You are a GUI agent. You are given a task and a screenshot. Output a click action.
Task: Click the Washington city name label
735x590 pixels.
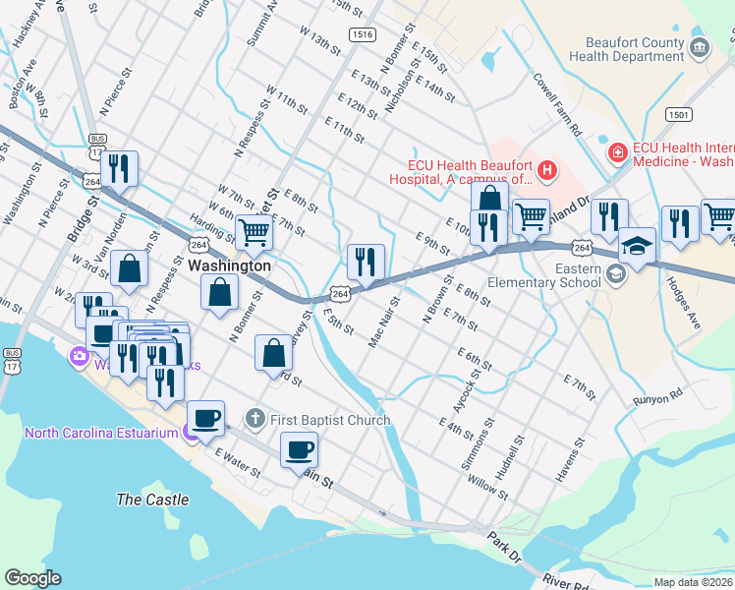(229, 265)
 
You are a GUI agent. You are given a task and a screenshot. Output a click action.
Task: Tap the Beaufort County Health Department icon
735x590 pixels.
(700, 48)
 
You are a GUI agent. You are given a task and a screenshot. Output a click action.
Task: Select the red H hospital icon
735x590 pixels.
(547, 172)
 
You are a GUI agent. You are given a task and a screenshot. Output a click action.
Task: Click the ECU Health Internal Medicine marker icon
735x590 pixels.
(617, 152)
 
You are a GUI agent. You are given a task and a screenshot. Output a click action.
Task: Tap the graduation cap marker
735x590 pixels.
(637, 246)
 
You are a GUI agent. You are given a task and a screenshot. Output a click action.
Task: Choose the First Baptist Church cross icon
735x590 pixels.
(254, 420)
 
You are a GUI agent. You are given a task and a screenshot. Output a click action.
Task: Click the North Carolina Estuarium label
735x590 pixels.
(100, 433)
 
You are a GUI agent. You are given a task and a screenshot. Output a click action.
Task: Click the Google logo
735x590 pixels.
(32, 578)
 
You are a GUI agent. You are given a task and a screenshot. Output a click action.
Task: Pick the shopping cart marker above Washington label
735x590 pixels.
(254, 232)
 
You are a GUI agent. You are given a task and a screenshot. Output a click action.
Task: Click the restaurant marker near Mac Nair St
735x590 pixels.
(365, 262)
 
